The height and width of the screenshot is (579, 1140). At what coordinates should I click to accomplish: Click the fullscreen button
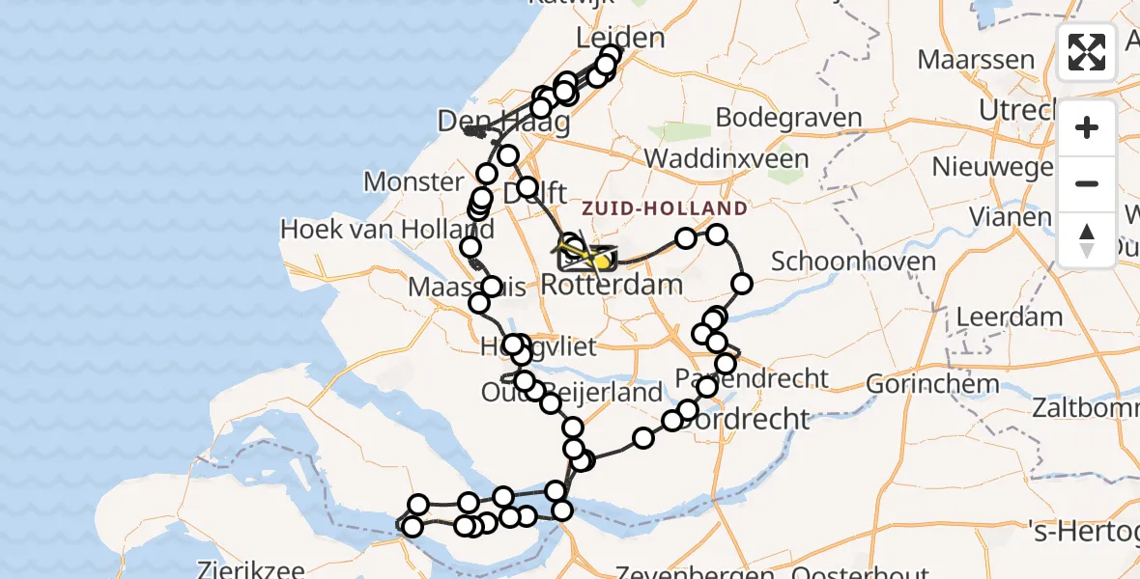point(1087,52)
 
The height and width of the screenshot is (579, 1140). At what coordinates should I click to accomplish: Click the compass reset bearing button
point(1087,238)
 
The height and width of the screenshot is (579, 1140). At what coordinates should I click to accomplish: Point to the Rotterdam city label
point(612,285)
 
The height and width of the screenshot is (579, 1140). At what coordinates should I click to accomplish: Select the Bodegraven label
point(788,118)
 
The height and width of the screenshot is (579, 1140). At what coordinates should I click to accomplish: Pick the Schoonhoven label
point(841,262)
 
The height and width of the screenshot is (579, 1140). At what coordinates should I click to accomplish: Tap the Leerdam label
point(1009,317)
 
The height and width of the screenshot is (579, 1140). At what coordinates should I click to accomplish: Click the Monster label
point(413,181)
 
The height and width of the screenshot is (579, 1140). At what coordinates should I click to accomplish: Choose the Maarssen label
point(975,60)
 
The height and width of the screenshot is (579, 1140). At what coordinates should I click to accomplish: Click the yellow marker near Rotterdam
point(601,261)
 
